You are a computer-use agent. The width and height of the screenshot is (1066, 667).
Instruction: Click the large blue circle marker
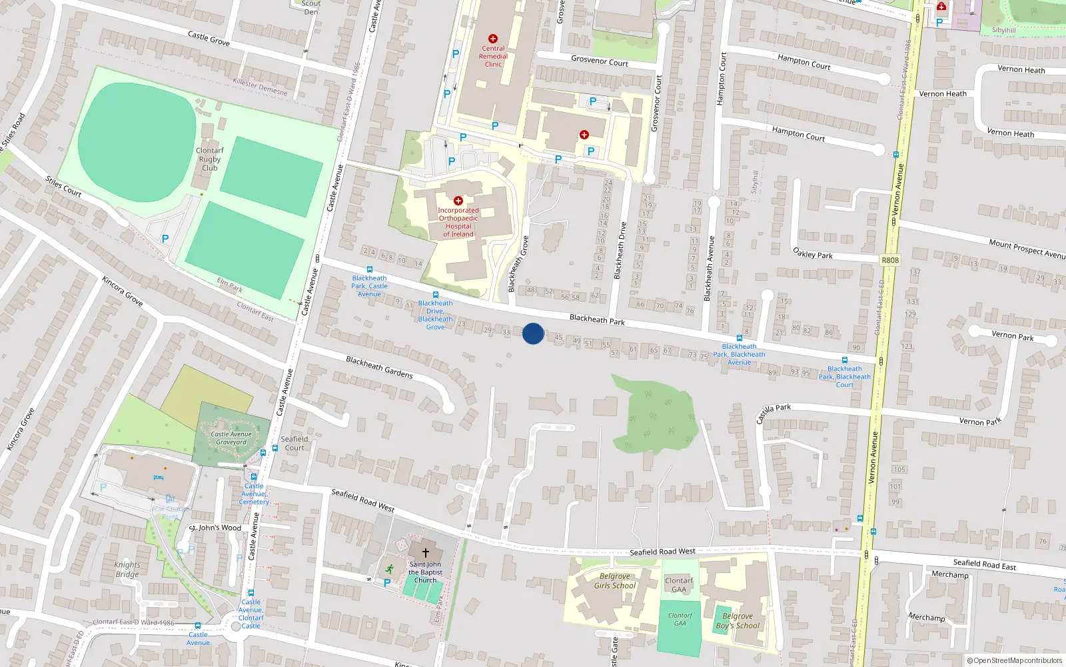coord(533,333)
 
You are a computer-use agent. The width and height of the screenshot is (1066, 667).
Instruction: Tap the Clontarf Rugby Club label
coord(210,159)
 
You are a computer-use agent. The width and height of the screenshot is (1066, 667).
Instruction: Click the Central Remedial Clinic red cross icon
coord(493,39)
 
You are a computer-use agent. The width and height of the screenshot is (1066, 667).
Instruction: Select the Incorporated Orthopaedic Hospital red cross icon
coord(458,200)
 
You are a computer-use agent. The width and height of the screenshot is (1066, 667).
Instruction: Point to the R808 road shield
coord(889,260)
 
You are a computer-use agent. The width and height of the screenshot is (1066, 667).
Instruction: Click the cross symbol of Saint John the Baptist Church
coord(426,553)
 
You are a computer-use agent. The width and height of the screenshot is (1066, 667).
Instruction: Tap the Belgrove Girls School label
coord(614,581)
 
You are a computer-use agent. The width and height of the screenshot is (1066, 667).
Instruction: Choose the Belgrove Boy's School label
coord(738,621)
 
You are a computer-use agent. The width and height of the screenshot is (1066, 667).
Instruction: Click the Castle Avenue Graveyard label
coord(231,438)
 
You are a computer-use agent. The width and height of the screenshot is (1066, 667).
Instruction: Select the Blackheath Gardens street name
coord(379,367)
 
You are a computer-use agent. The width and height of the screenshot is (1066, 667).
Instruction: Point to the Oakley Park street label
coord(813,253)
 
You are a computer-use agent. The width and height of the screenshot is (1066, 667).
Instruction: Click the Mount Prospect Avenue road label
coord(1027,249)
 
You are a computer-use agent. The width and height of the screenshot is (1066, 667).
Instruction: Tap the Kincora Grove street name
coord(123,291)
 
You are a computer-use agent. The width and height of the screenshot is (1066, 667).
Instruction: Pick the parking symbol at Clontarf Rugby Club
coord(165,238)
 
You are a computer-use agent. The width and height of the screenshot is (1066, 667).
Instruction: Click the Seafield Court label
coord(294,443)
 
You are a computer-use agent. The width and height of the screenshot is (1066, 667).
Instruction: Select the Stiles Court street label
coord(63,187)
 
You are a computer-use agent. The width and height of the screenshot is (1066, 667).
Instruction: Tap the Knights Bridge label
coord(127,569)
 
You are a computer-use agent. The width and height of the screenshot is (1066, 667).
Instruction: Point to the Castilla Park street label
coord(774,413)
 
